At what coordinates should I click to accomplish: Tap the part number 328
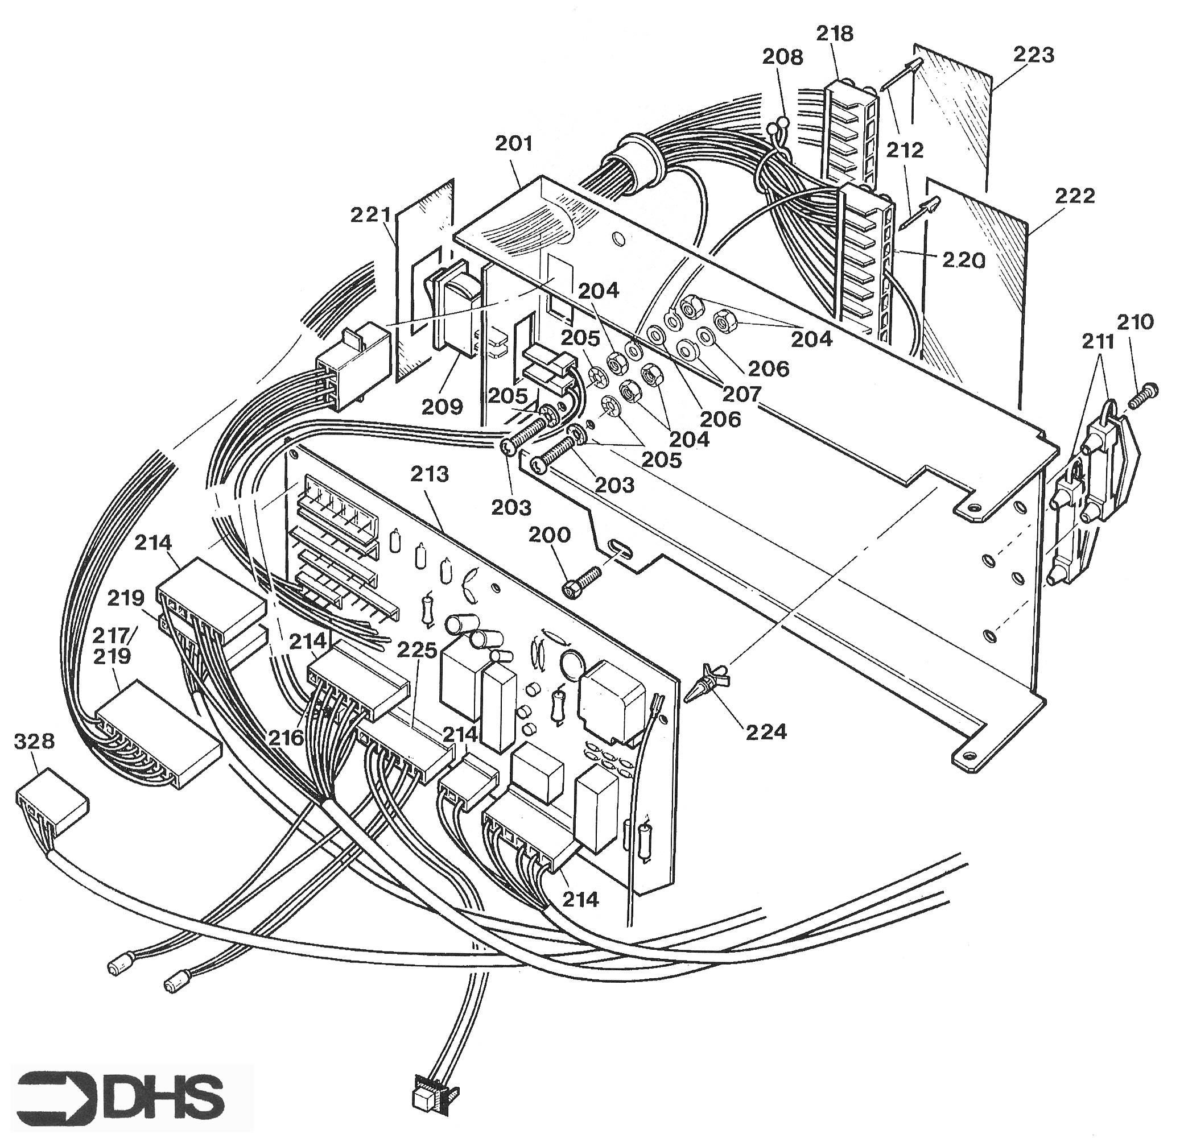coord(34,742)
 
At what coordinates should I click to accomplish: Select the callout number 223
coord(1034,55)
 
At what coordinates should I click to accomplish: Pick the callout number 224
coord(766,732)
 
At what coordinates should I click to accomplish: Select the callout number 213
coord(430,474)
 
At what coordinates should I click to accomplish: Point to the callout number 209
coord(443,406)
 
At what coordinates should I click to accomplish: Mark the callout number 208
coord(783,56)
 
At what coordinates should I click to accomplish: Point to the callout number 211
coord(1098,342)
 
